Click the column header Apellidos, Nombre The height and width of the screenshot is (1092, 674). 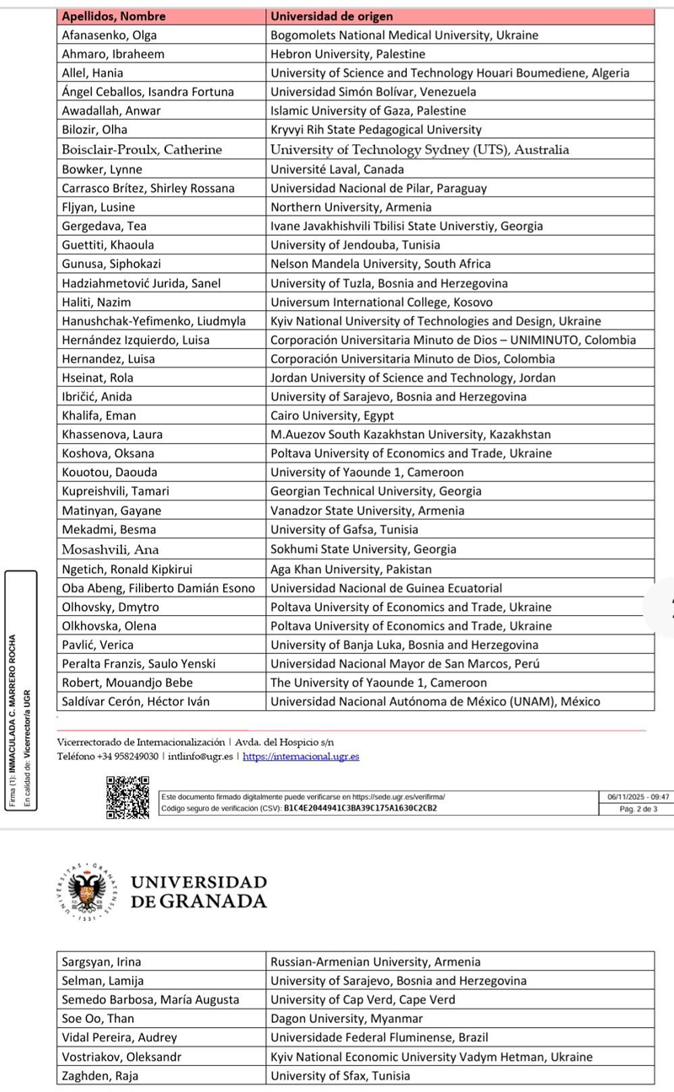[x=114, y=16]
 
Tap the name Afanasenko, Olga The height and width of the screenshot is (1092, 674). [x=110, y=35]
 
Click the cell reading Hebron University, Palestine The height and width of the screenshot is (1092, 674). [x=348, y=54]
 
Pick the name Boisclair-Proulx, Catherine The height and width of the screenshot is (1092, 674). [x=142, y=150]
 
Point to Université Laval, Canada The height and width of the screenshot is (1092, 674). [x=337, y=169]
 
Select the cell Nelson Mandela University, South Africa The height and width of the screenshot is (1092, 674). [x=380, y=264]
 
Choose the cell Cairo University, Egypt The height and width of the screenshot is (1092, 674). [x=332, y=415]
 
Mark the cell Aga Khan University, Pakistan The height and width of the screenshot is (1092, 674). [x=350, y=569]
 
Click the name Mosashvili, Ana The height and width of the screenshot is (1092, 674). [x=110, y=549]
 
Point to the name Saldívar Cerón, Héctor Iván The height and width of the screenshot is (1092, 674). [x=136, y=701]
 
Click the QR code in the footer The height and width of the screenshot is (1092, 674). [x=128, y=798]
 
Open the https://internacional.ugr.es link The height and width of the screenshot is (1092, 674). [x=301, y=757]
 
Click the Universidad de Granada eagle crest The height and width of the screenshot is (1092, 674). [x=88, y=891]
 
